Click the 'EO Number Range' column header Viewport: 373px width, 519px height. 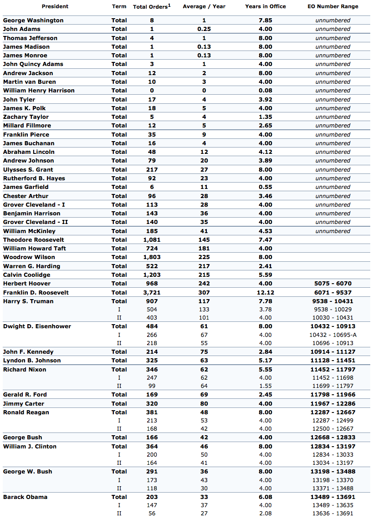(x=332, y=6)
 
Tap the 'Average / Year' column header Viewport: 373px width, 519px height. (x=204, y=6)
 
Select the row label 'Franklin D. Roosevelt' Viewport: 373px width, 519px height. (x=36, y=292)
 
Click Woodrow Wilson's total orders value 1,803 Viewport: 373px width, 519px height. (x=152, y=257)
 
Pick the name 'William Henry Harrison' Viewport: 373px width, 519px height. (x=39, y=91)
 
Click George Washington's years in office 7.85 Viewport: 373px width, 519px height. (x=265, y=20)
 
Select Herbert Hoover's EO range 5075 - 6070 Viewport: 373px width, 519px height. (x=332, y=284)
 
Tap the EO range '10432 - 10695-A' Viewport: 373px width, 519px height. (x=332, y=335)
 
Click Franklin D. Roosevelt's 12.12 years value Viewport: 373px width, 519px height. (x=265, y=292)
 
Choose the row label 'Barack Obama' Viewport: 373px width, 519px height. (x=25, y=497)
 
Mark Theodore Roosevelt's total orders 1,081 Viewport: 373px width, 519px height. (x=152, y=240)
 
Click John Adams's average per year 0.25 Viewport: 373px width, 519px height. (x=204, y=29)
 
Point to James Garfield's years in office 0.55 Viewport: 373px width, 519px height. (x=265, y=187)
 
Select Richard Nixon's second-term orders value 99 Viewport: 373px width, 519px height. (x=152, y=386)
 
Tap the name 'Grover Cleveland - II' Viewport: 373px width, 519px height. (x=36, y=222)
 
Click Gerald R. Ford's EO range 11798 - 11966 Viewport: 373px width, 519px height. (x=332, y=395)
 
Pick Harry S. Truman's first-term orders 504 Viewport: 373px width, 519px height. (x=152, y=310)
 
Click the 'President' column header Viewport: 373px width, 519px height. (x=55, y=6)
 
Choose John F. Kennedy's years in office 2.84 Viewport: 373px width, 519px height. (x=265, y=351)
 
